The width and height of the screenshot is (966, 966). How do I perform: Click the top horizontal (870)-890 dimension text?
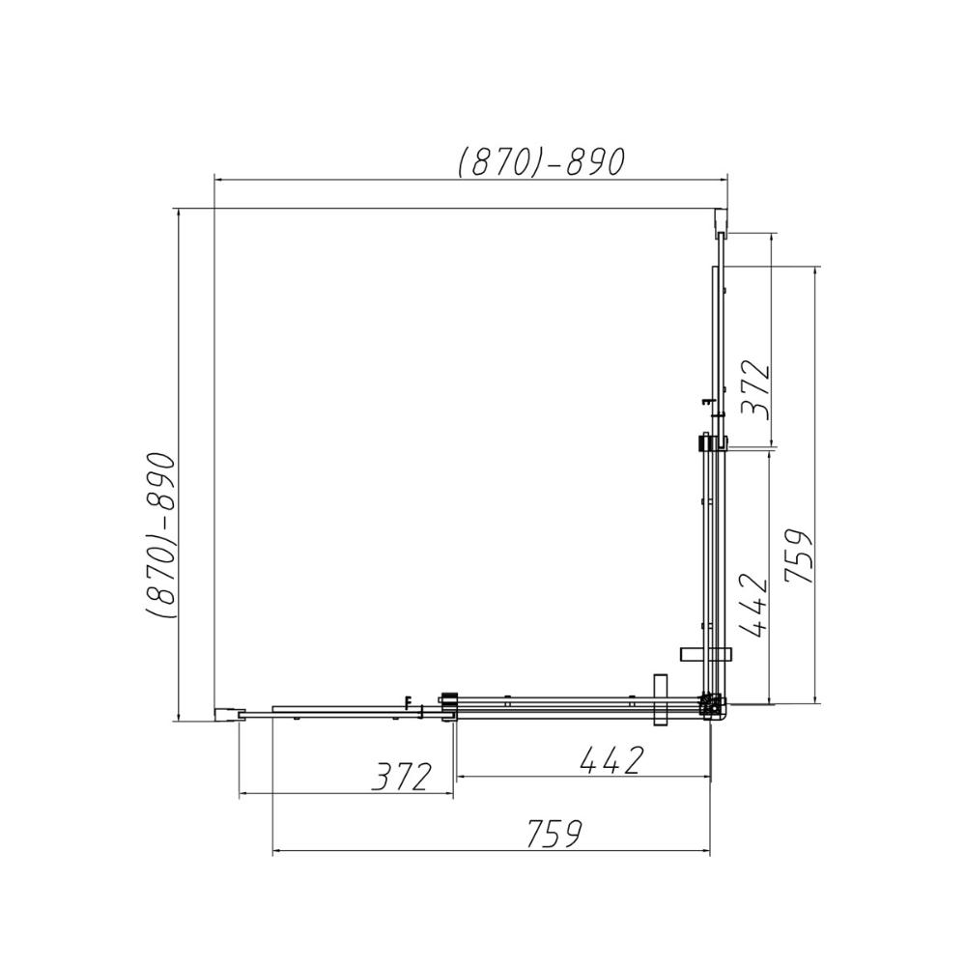coord(542,162)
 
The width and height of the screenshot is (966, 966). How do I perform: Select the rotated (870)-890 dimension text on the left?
coord(161,535)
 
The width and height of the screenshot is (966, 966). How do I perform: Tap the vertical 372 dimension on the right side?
coord(755,391)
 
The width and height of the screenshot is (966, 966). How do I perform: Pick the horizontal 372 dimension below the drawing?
coord(402,777)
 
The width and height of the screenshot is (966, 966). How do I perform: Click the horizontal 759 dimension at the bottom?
coord(554,834)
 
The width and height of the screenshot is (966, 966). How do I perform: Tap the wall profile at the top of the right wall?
coord(721,223)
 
